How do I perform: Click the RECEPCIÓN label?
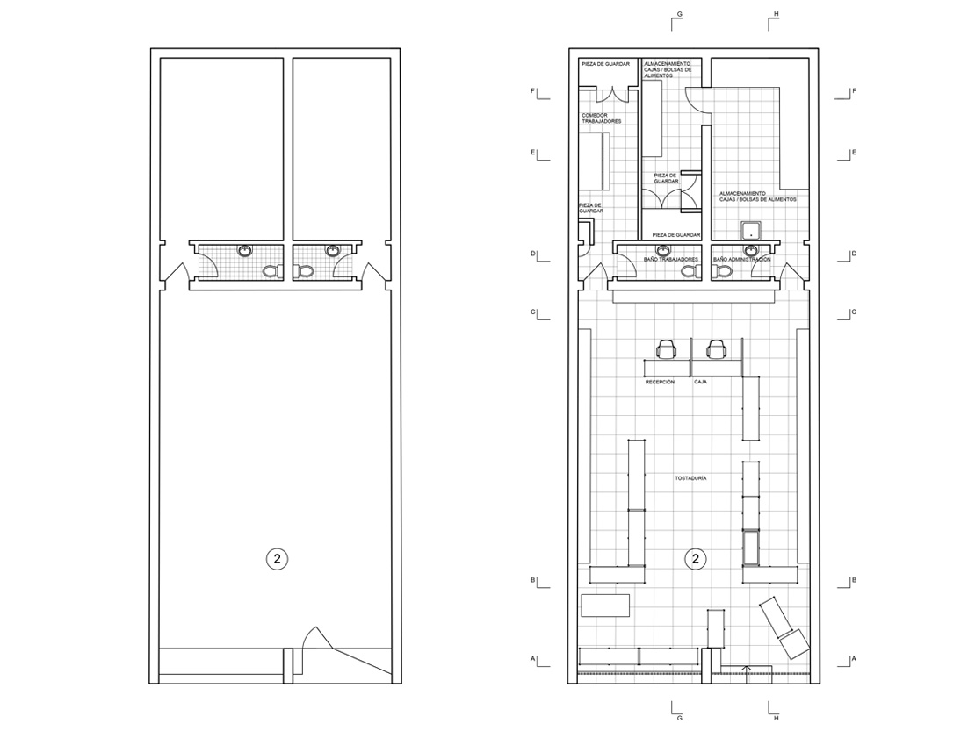[660, 383]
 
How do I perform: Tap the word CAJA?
[700, 382]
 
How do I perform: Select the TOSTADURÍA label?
[690, 478]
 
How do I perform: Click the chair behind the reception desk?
[666, 348]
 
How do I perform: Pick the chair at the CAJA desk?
[716, 348]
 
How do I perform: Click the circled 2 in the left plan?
[278, 559]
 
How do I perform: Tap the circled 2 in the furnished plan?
[696, 559]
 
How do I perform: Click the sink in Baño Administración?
[751, 250]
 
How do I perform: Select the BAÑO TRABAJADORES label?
[670, 260]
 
